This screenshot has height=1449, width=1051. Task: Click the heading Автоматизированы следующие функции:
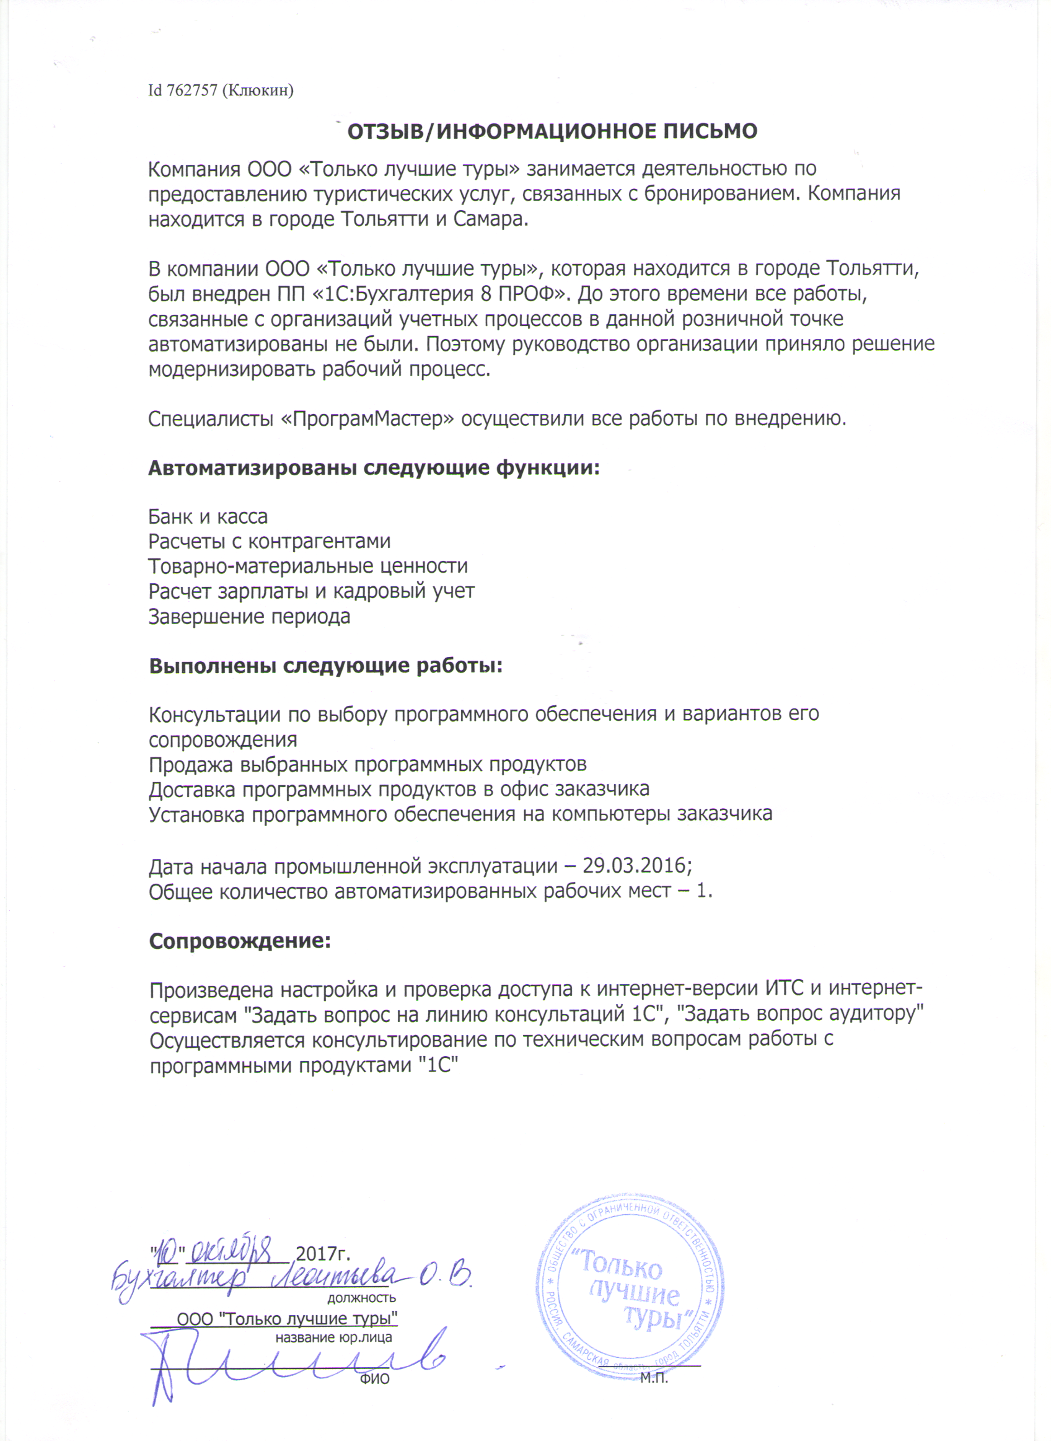coord(374,469)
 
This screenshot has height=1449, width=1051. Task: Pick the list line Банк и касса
coord(208,516)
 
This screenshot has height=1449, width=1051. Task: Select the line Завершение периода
coord(249,617)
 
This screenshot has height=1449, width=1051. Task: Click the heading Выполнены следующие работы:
coord(326,666)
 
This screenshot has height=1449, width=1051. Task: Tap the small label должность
coord(362,1298)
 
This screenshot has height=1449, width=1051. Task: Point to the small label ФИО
coord(374,1380)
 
